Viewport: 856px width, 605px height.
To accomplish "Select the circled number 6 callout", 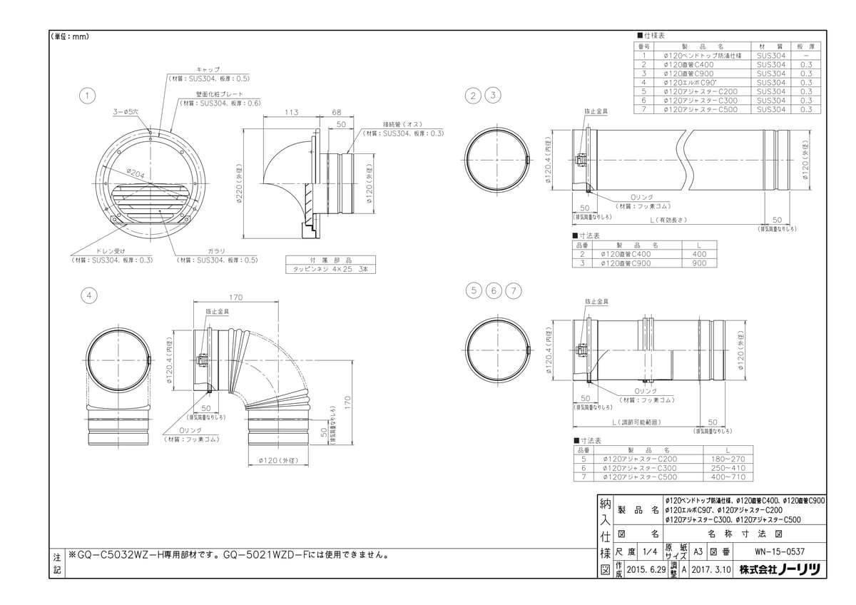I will [x=493, y=290].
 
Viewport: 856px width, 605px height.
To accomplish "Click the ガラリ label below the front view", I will [x=216, y=251].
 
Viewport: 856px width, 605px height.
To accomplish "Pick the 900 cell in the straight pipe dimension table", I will [x=699, y=263].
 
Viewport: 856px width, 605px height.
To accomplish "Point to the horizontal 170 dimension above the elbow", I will [x=236, y=298].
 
